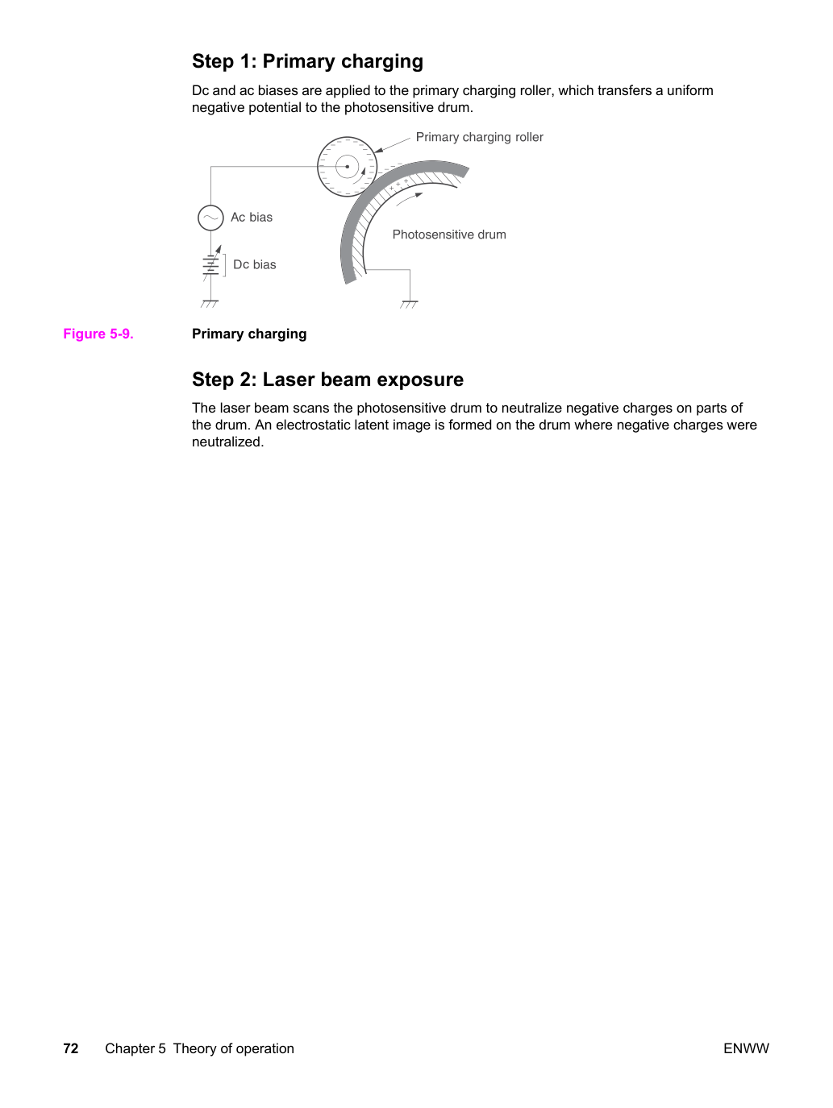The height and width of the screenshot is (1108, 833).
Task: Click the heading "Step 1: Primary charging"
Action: tap(307, 61)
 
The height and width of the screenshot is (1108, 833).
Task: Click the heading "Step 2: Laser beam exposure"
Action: tap(327, 379)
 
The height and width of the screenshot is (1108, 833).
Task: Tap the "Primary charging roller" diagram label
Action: tap(479, 137)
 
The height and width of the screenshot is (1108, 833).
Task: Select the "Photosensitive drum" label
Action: tap(449, 234)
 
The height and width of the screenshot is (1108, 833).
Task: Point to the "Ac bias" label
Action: tap(252, 217)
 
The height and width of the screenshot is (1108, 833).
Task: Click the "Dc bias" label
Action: tap(255, 264)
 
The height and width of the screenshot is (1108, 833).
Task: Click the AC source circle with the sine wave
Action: tap(210, 218)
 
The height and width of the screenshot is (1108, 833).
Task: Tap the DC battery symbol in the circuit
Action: tap(210, 265)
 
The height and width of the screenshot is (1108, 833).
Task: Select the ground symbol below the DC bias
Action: tap(210, 304)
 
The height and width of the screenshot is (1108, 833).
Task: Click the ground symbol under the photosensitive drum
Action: tap(409, 305)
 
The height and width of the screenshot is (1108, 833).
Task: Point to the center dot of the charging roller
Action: tap(347, 167)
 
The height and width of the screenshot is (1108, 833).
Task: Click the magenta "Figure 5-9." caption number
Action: tap(98, 334)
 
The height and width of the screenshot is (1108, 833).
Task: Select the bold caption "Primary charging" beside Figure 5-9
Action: tap(249, 334)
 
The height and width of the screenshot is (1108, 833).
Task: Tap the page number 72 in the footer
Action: tap(71, 1048)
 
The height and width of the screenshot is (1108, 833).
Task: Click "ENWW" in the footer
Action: tap(746, 1048)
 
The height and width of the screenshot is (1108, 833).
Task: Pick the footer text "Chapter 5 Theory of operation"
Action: tap(199, 1048)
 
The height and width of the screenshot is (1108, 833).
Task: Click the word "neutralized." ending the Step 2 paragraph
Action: tap(228, 442)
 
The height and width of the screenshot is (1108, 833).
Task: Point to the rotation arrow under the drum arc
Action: tap(409, 198)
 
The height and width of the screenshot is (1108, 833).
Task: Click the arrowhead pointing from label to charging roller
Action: tap(378, 150)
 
